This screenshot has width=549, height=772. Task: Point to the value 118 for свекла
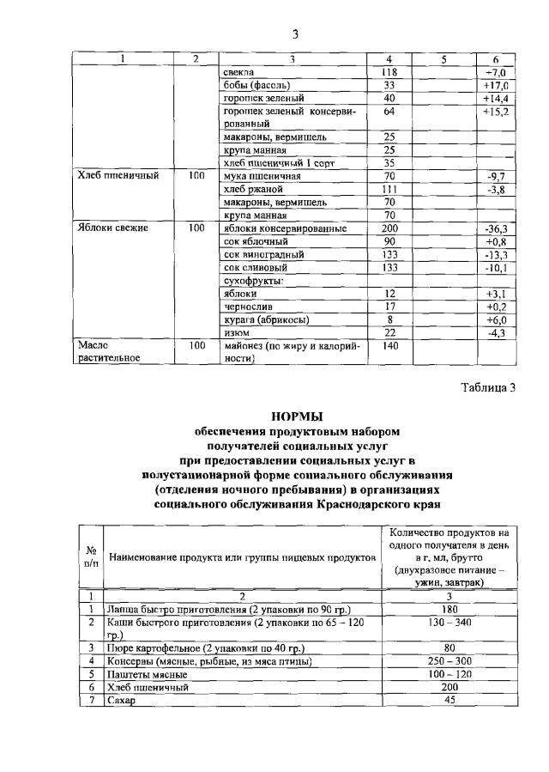389,73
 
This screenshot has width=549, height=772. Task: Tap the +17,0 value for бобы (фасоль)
496,86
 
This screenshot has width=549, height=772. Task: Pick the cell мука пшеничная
256,175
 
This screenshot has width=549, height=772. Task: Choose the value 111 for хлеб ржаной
389,189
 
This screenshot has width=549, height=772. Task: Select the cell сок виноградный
253,255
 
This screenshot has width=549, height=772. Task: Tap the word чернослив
244,307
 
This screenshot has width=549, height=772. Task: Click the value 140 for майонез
389,345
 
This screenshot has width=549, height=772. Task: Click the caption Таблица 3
486,386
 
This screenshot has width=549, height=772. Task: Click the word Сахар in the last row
122,701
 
